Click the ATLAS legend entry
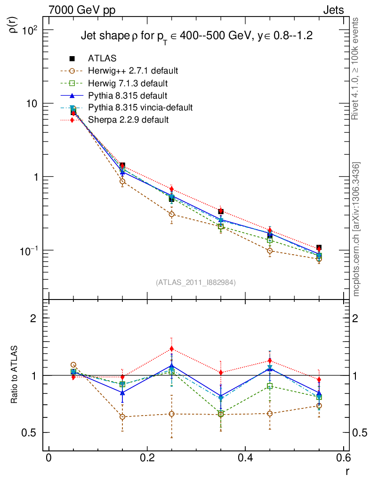coord(102,58)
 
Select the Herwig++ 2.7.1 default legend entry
coord(132,71)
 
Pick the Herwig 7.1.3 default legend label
coord(128,83)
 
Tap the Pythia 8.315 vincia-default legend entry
coord(140,108)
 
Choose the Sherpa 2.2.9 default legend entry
coord(128,120)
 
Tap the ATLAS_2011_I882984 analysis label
coord(196,282)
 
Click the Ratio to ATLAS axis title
coord(14,375)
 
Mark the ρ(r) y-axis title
coord(14,25)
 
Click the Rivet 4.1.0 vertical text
coord(356,68)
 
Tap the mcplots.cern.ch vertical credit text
coord(356,229)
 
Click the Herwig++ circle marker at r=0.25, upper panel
coord(172,214)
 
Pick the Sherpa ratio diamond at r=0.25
coord(172,349)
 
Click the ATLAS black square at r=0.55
coord(319,248)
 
